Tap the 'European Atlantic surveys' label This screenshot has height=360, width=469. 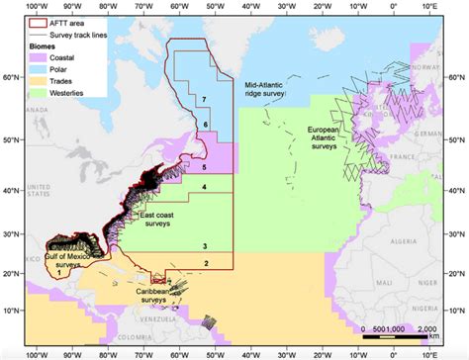point(326,138)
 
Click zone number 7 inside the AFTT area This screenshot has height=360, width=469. point(203,100)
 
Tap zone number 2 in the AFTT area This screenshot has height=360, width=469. point(205,262)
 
